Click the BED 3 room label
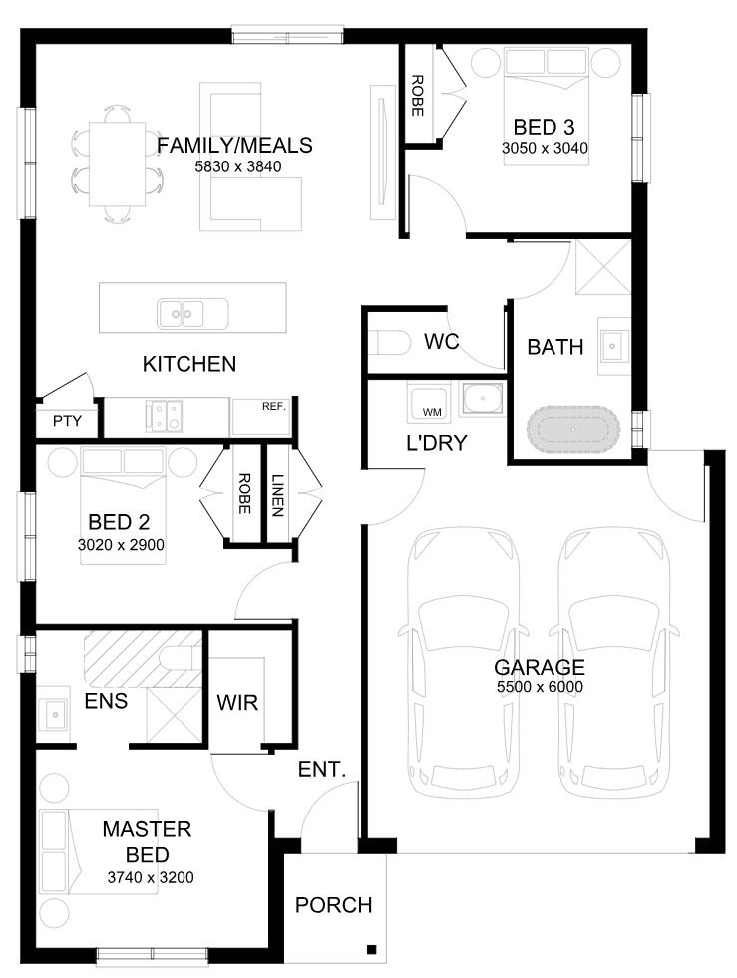pyautogui.click(x=544, y=127)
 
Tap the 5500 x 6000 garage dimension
pyautogui.click(x=540, y=687)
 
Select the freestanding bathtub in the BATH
pyautogui.click(x=573, y=430)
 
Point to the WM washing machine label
pyautogui.click(x=432, y=412)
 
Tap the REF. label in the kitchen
pyautogui.click(x=274, y=406)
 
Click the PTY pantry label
pyautogui.click(x=67, y=421)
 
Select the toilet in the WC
pyautogui.click(x=393, y=343)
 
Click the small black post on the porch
pyautogui.click(x=371, y=949)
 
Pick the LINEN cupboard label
pyautogui.click(x=277, y=495)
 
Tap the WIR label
pyautogui.click(x=237, y=703)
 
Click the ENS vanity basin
pyautogui.click(x=53, y=714)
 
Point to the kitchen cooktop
pyautogui.click(x=165, y=416)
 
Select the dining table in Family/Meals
pyautogui.click(x=118, y=164)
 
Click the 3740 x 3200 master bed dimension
pyautogui.click(x=151, y=877)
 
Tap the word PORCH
pyautogui.click(x=333, y=905)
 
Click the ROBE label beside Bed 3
pyautogui.click(x=418, y=96)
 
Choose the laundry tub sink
pyautogui.click(x=481, y=399)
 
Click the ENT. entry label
pyautogui.click(x=322, y=769)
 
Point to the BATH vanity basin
pyautogui.click(x=612, y=346)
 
